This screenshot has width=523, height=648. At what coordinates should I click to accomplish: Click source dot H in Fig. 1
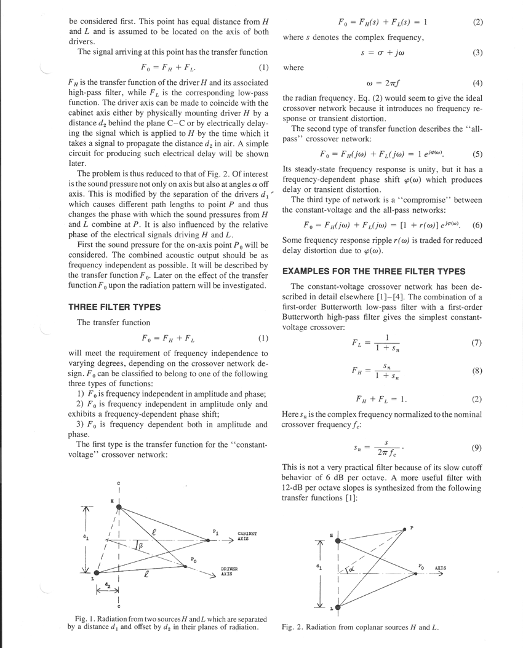point(120,507)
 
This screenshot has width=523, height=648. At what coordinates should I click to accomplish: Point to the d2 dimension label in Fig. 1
point(108,581)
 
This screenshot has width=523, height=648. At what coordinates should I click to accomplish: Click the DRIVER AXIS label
point(230,571)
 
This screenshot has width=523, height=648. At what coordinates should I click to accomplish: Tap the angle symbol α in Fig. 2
point(352,569)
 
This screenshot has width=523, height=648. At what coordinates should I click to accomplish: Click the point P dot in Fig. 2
point(404,529)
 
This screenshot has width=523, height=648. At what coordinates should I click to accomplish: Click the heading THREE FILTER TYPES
point(114,307)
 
